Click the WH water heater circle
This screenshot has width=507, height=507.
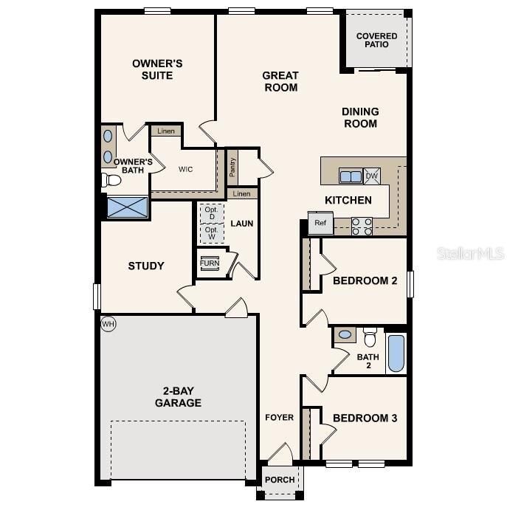click(x=108, y=323)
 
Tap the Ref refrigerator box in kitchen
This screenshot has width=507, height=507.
click(x=320, y=224)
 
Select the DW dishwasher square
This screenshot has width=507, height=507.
click(x=372, y=176)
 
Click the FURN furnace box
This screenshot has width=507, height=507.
click(x=210, y=263)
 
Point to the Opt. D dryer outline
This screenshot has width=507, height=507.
click(x=211, y=213)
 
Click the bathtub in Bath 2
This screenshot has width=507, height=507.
click(x=396, y=353)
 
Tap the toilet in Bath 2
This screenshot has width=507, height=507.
click(x=370, y=337)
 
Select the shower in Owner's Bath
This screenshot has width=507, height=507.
click(x=128, y=207)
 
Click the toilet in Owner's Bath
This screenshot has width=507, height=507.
click(x=111, y=179)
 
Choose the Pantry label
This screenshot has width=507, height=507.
click(x=232, y=168)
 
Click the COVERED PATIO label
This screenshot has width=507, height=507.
click(x=376, y=41)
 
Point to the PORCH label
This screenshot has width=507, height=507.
click(x=280, y=480)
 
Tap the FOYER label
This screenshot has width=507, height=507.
click(x=280, y=418)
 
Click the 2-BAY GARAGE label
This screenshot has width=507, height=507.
click(x=178, y=397)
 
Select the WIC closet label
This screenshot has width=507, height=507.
click(x=185, y=169)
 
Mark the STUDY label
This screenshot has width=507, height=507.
click(x=146, y=266)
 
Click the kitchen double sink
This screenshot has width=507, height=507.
click(x=351, y=176)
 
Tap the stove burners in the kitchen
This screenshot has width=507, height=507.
click(x=362, y=226)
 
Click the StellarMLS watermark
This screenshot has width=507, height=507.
click(x=471, y=253)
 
